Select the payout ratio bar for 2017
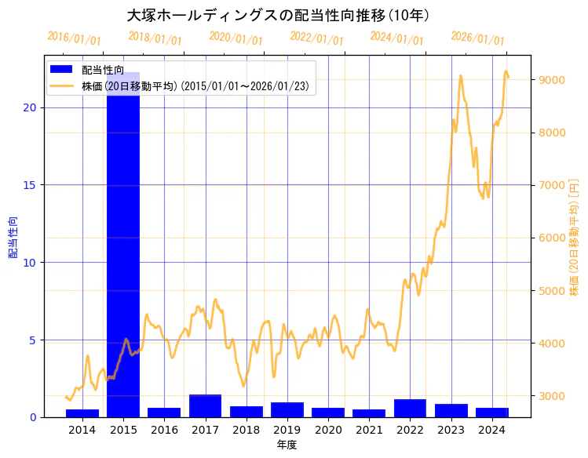click(x=205, y=406)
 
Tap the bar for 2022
click(x=410, y=409)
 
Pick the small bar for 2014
click(x=82, y=413)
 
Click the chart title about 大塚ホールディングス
click(x=278, y=15)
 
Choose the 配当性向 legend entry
click(x=102, y=70)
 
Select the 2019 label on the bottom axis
click(x=287, y=430)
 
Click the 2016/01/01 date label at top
click(x=74, y=38)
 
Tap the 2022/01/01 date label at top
click(x=316, y=38)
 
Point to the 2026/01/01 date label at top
click(x=477, y=38)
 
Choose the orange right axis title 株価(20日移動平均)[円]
click(x=574, y=238)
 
